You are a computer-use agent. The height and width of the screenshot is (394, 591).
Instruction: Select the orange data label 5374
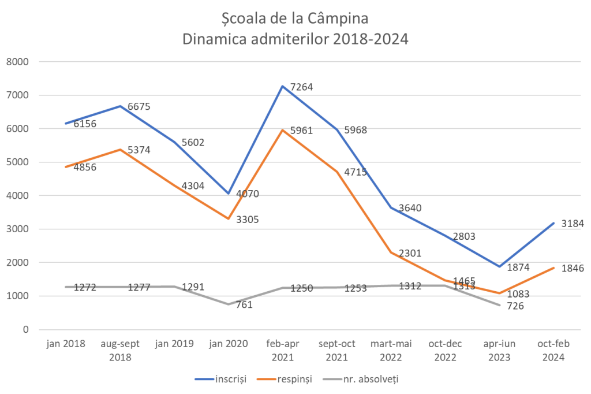tap(139, 151)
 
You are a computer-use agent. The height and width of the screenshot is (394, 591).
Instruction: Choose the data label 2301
tap(409, 252)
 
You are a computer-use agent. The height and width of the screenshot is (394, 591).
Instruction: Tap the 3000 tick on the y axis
tap(18, 229)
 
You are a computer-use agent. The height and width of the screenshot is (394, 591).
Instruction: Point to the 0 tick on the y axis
tap(26, 330)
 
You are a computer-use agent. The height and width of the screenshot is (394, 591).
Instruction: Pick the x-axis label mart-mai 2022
tap(391, 350)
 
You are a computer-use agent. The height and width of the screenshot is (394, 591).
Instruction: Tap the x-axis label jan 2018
tap(66, 344)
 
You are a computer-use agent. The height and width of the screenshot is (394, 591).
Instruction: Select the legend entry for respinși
tap(294, 380)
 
